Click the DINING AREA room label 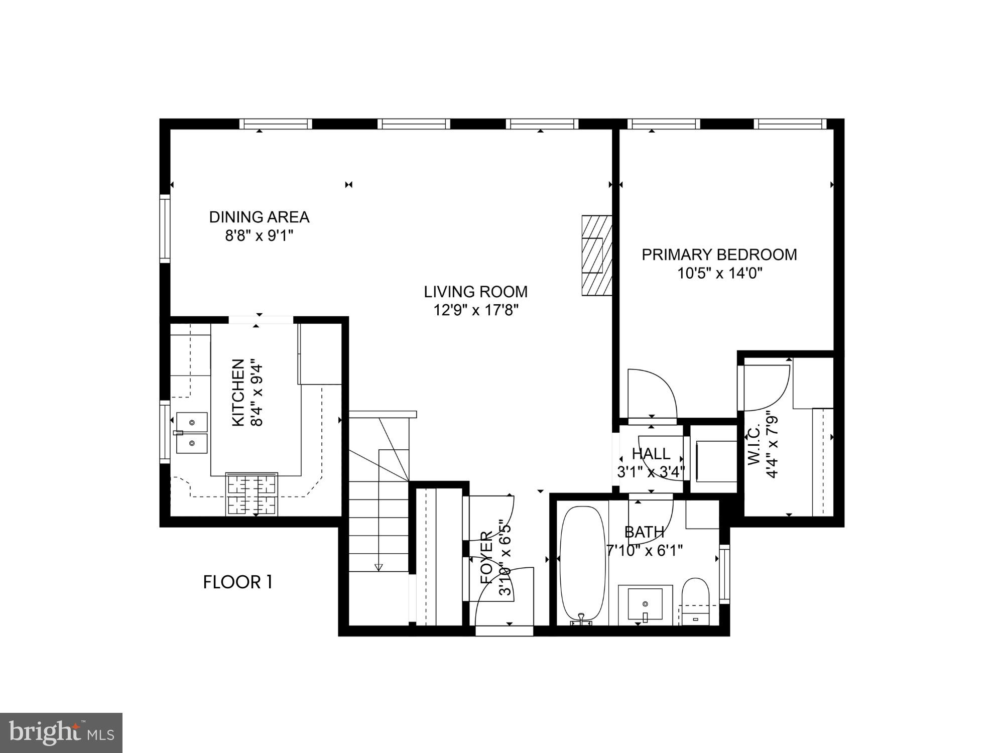(x=259, y=217)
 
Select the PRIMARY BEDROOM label (x=719, y=255)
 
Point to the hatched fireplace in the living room (x=597, y=256)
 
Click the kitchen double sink (x=192, y=433)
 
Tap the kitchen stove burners (x=252, y=494)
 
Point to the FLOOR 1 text (x=237, y=582)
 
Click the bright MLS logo (x=61, y=733)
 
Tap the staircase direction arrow (x=379, y=567)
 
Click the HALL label (x=651, y=454)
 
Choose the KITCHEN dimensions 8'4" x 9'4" (x=257, y=393)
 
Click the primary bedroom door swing (x=653, y=394)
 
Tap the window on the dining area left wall (x=165, y=229)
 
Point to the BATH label (x=644, y=532)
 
